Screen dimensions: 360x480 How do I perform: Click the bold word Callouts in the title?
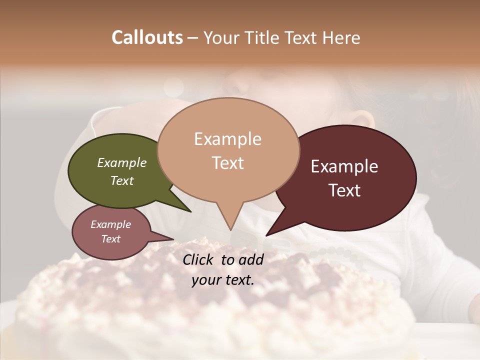pos(147,37)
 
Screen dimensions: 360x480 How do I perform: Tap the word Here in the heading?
pos(342,37)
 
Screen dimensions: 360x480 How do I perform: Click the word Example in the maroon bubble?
pos(344,166)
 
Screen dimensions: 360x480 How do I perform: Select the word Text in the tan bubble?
pos(228,163)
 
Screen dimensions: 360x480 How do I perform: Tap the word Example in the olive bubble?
pos(122,162)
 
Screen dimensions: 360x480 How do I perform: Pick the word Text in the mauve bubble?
pos(111,239)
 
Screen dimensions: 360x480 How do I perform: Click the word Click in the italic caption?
pos(199,259)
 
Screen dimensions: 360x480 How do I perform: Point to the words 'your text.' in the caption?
pos(223,280)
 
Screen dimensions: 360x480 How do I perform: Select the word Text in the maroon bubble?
pos(345,190)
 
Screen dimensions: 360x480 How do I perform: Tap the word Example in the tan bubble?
pos(228,139)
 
